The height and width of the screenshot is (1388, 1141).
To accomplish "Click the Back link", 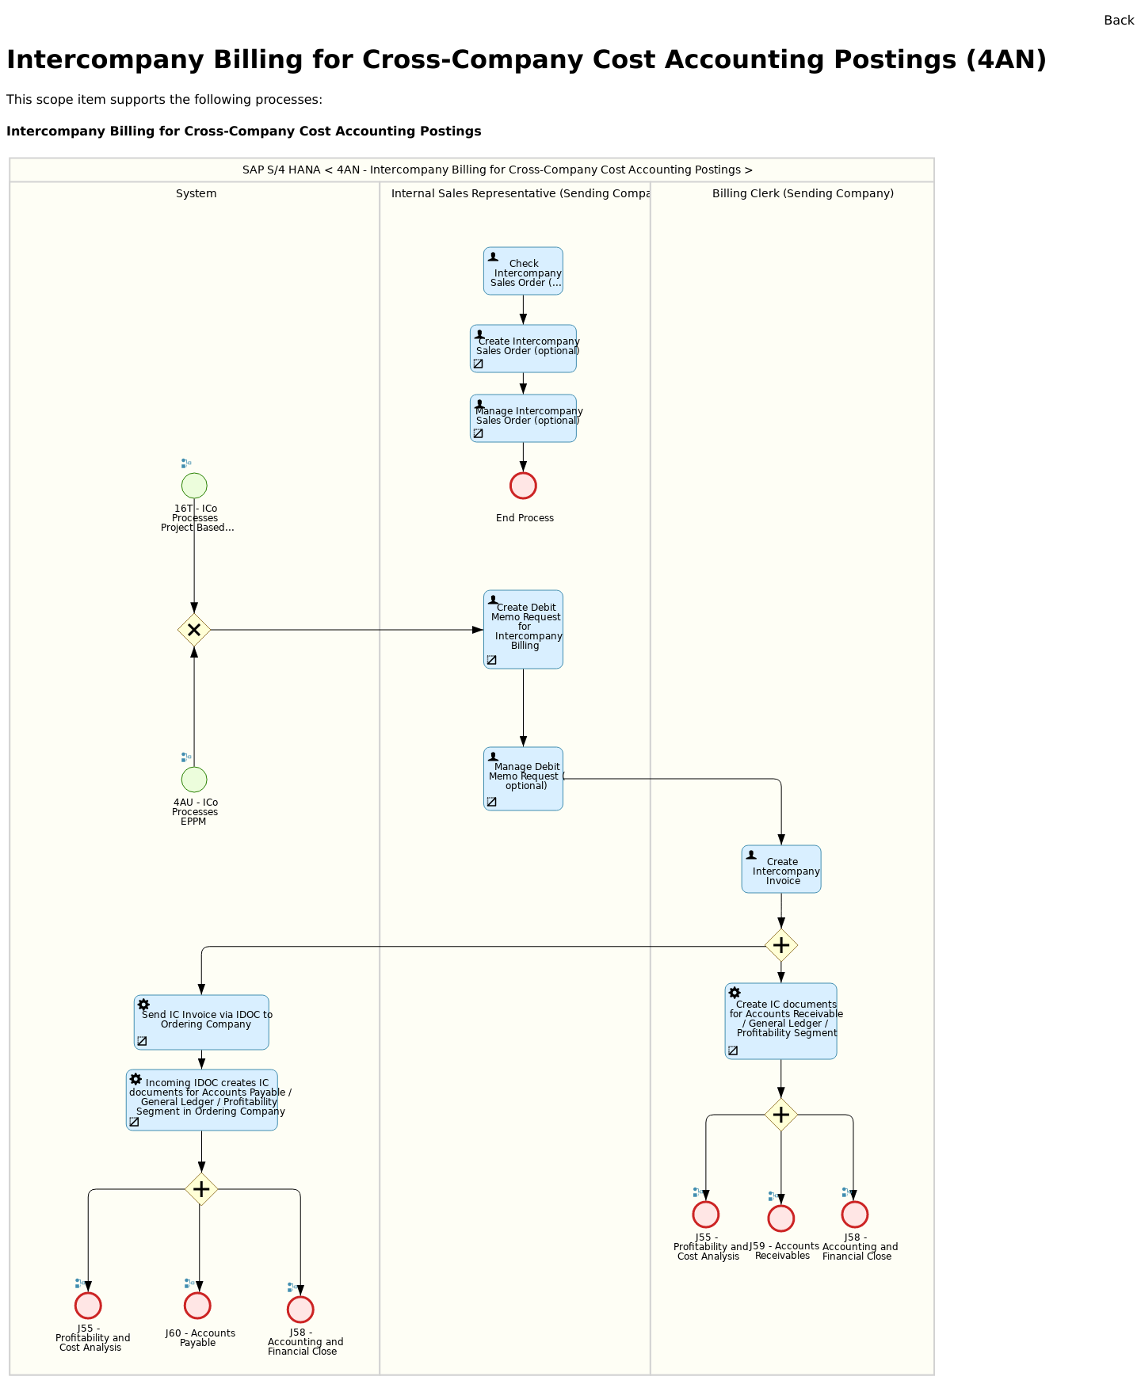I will point(1118,21).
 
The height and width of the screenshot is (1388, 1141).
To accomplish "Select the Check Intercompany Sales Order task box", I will point(523,271).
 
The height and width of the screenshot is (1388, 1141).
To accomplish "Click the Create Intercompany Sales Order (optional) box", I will point(523,349).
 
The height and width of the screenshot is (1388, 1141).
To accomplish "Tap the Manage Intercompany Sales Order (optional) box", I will point(523,418).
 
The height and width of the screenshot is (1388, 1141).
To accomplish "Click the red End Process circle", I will point(523,486).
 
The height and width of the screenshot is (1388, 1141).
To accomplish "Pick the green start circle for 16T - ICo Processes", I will point(194,486).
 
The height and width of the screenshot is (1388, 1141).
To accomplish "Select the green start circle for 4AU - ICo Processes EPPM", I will point(194,780).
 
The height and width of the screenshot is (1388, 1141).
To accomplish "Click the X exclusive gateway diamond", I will point(194,630).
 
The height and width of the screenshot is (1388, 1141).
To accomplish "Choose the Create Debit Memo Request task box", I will point(523,629).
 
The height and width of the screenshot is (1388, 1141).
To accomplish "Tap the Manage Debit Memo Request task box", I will point(523,779).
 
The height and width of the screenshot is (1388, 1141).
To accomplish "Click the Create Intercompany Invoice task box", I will point(781,869).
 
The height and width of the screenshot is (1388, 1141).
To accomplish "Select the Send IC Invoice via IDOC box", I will point(201,1022).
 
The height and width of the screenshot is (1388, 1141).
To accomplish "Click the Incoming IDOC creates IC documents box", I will point(201,1100).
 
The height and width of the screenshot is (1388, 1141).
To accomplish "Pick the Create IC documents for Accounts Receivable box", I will point(780,1021).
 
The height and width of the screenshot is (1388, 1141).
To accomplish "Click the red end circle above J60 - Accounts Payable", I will point(197,1306).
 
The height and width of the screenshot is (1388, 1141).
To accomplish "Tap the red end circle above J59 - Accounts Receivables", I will point(780,1218).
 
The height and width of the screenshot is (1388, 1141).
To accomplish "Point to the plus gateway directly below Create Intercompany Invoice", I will point(781,945).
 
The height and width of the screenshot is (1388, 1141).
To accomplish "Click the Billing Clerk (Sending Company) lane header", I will point(803,193).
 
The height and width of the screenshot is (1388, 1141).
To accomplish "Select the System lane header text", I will point(196,193).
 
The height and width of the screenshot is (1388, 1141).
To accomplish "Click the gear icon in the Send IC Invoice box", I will point(143,1005).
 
